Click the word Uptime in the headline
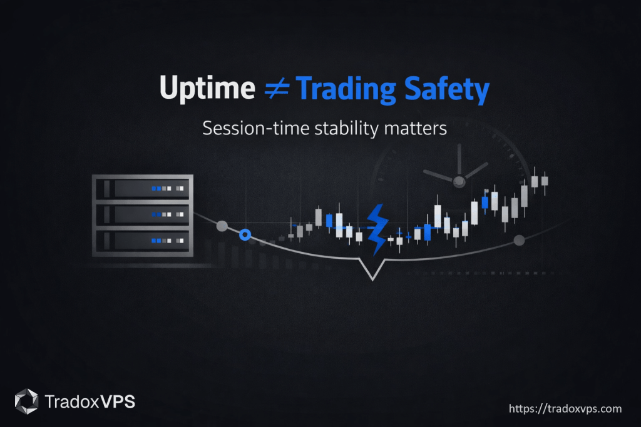206,89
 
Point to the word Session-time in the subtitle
245,128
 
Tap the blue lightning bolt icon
377,229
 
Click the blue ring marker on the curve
245,234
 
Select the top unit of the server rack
143,188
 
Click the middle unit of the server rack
143,214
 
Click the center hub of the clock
459,181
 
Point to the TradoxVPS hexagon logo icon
27,401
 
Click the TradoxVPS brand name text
90,401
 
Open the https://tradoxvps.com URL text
565,409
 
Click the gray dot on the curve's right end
518,240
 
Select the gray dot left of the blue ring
221,225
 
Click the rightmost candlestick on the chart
545,181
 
